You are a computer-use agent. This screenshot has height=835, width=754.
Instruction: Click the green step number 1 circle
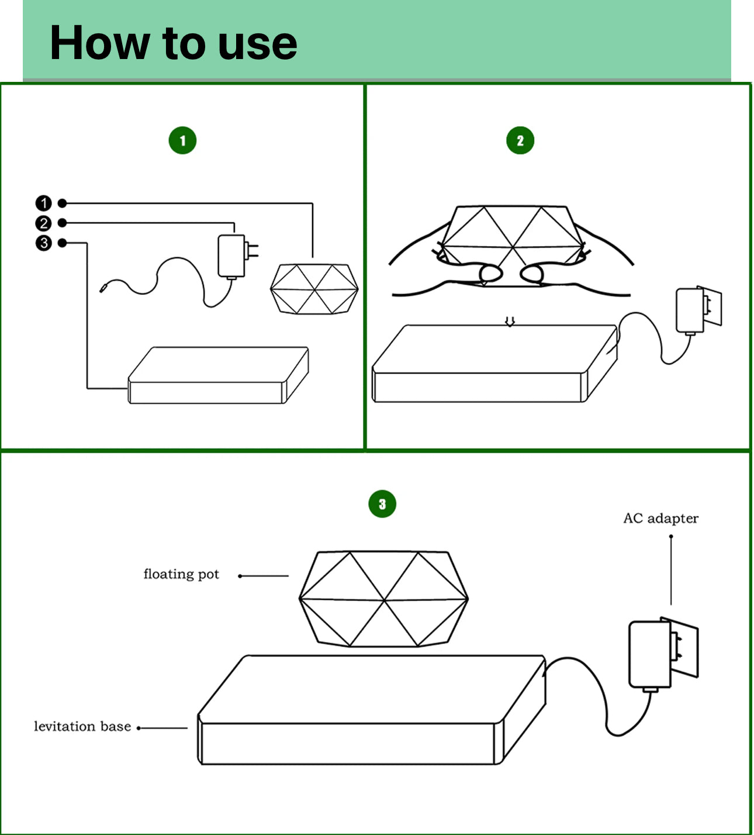coord(182,140)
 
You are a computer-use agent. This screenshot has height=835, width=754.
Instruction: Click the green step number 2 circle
coord(520,140)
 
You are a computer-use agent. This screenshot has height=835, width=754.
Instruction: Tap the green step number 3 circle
coord(382,503)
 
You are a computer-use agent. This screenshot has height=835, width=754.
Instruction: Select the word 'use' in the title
coord(258,47)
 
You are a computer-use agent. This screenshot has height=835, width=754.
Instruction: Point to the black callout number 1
coord(43,203)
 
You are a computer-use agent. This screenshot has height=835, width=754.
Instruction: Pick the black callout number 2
coord(43,223)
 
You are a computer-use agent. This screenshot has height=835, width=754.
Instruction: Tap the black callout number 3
coord(43,243)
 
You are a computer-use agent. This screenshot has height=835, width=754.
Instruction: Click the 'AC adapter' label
coord(661,519)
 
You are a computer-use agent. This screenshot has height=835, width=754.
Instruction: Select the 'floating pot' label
coord(181,574)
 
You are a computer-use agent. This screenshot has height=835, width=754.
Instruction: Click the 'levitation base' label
coord(82,726)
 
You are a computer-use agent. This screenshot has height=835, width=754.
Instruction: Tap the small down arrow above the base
coord(510,321)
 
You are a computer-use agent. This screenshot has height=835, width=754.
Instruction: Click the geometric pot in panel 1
coord(314,288)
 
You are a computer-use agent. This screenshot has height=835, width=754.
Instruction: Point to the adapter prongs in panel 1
coord(252,251)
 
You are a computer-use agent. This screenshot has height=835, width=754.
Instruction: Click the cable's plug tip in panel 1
coord(103,287)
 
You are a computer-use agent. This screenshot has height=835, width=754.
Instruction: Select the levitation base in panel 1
coord(219,375)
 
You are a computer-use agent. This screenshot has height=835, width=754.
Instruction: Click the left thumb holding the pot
coord(491,274)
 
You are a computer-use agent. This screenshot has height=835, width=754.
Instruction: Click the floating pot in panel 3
coord(383,599)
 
